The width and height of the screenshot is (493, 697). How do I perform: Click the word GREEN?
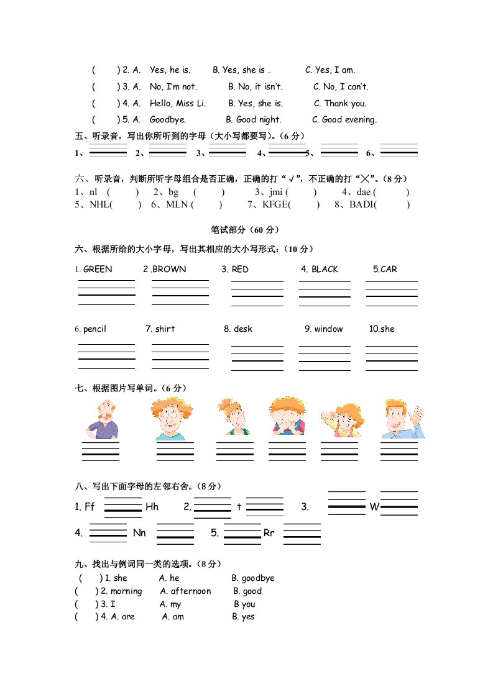tap(98, 269)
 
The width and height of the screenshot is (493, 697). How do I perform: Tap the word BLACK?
tap(325, 269)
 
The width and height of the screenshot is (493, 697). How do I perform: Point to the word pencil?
tap(94, 329)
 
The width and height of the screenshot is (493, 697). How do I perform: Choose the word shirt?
tap(165, 329)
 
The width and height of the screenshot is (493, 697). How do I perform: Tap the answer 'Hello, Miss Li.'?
tap(178, 104)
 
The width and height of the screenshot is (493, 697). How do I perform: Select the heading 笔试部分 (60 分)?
tap(246, 230)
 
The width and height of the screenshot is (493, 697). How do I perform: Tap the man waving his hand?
tap(402, 419)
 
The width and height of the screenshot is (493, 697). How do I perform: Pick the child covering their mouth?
tap(287, 417)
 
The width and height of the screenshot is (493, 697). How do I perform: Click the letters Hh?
tap(152, 507)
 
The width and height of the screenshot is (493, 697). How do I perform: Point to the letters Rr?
tap(269, 533)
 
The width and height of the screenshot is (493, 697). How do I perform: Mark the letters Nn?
tap(139, 533)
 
